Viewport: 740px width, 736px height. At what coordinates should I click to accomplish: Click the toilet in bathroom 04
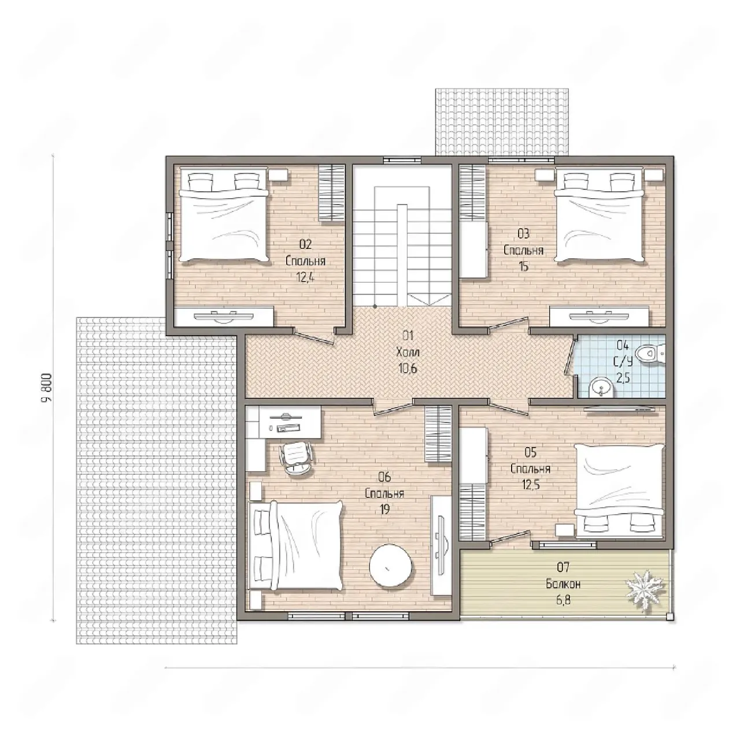(x=650, y=353)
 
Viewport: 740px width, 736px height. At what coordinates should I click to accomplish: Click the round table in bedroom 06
(x=391, y=566)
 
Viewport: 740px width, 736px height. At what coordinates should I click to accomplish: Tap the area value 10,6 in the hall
(x=408, y=369)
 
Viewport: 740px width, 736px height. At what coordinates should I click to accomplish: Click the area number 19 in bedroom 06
(x=384, y=510)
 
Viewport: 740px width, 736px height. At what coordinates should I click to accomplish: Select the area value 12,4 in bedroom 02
(x=305, y=277)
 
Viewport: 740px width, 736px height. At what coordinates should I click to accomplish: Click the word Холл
(x=408, y=352)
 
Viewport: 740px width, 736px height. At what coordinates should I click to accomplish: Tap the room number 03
(x=523, y=233)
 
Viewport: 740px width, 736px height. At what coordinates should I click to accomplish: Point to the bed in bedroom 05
(x=620, y=490)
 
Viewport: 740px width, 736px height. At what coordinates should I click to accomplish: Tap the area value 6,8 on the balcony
(x=563, y=600)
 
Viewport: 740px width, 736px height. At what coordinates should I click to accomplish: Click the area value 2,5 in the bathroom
(x=623, y=378)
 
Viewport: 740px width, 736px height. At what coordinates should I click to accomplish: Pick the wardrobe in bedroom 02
(x=332, y=192)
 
